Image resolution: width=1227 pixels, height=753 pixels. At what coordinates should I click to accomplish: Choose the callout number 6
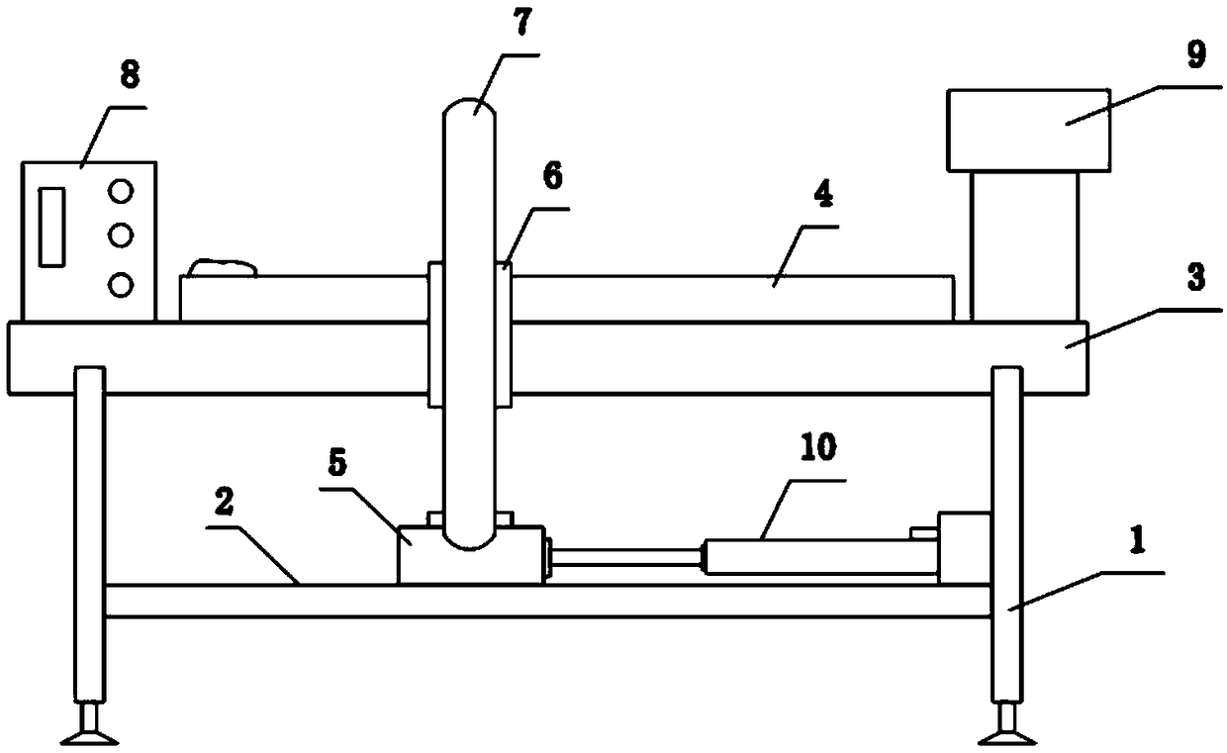(551, 178)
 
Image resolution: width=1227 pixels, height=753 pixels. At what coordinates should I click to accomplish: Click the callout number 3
(1196, 280)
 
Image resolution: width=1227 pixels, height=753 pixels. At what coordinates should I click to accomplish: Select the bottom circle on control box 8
(121, 285)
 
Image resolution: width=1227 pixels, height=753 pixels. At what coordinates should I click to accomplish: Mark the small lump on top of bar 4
(227, 266)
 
